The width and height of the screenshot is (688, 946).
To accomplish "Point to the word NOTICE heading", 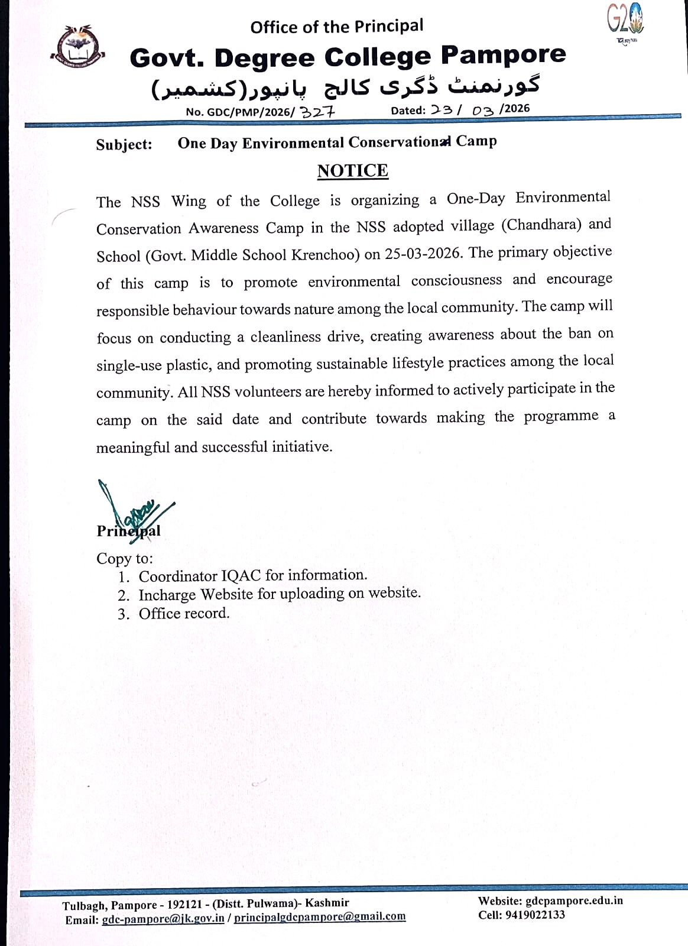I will point(353,171).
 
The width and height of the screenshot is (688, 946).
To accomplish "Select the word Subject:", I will point(124,145).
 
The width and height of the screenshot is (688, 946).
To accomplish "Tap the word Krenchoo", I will point(327,255).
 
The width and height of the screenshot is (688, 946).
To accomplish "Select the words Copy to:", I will point(125,559).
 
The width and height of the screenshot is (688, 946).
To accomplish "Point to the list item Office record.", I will point(184,614).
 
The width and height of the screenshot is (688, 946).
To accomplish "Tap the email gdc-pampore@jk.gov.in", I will point(163,919).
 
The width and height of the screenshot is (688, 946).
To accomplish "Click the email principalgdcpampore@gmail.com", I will point(320,917).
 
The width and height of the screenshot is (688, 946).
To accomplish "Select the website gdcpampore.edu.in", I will point(574,900).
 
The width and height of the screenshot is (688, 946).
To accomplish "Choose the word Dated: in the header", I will point(408,111).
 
